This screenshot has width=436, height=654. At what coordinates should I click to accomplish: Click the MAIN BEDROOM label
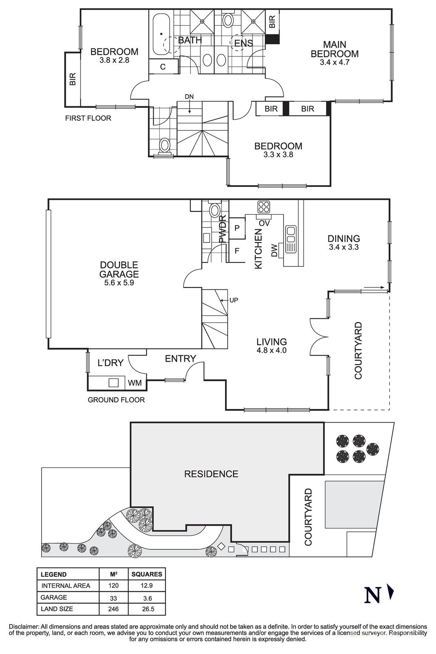pyautogui.click(x=334, y=49)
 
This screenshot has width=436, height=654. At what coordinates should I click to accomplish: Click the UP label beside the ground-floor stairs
pyautogui.click(x=233, y=300)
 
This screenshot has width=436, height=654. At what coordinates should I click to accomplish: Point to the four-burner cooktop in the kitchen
pyautogui.click(x=264, y=207)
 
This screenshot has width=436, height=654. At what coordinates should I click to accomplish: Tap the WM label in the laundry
pyautogui.click(x=135, y=383)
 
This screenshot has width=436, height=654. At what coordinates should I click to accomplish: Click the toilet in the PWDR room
pyautogui.click(x=214, y=211)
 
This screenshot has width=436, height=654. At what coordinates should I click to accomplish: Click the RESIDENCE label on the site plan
pyautogui.click(x=211, y=474)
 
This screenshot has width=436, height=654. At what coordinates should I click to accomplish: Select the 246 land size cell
pyautogui.click(x=113, y=609)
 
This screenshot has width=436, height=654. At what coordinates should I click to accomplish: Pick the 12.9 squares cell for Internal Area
pyautogui.click(x=147, y=586)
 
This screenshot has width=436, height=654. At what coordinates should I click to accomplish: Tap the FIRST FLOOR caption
pyautogui.click(x=88, y=118)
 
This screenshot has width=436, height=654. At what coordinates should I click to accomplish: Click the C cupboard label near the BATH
pyautogui.click(x=163, y=67)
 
